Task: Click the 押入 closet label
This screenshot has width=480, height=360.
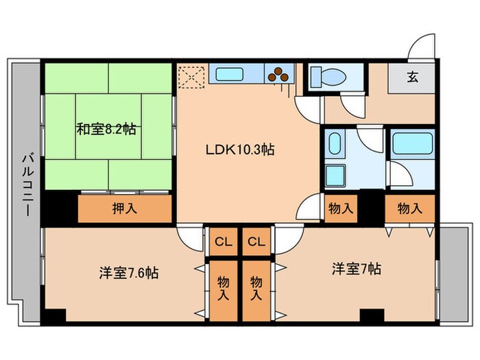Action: (123, 208)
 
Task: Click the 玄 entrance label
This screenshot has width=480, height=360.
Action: (412, 77)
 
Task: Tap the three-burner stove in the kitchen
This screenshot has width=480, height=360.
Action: (278, 74)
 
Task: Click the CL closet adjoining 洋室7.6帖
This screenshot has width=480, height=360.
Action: (222, 241)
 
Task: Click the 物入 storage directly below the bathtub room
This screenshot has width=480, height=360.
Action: (409, 208)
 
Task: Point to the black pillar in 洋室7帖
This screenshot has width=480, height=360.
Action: (372, 317)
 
